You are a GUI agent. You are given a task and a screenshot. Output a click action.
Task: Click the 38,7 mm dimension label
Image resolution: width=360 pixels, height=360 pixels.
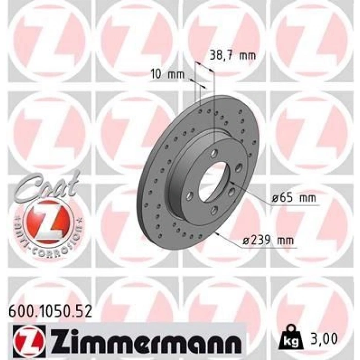coord(232,56)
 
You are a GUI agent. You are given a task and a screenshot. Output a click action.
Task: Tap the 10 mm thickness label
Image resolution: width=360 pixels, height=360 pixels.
coord(168,74)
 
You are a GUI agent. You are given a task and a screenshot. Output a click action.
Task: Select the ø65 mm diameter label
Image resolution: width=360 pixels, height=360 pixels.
coord(294,197)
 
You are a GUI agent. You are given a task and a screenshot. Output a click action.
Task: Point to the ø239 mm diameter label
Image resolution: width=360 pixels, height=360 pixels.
coord(268,240)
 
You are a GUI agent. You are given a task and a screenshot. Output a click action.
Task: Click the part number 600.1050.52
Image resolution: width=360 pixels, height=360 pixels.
coord(50,311)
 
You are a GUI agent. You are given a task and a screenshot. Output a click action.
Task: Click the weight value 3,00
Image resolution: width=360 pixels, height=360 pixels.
coord(324,338)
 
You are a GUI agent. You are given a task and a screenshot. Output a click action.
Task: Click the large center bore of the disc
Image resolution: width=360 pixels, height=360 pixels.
coord(214,182)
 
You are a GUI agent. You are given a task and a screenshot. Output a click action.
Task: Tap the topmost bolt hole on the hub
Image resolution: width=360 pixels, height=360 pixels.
coord(214,153)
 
